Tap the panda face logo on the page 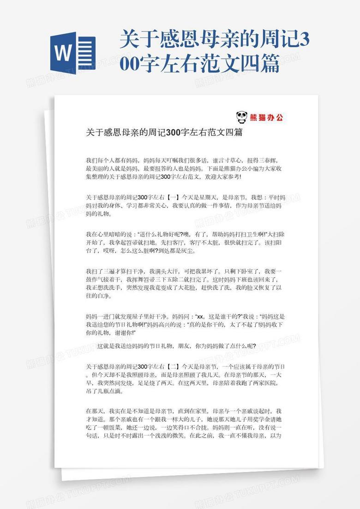[241, 117]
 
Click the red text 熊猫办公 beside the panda [266, 117]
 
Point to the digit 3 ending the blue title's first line [305, 40]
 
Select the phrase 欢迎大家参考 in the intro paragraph [222, 176]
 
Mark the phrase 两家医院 [261, 383]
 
